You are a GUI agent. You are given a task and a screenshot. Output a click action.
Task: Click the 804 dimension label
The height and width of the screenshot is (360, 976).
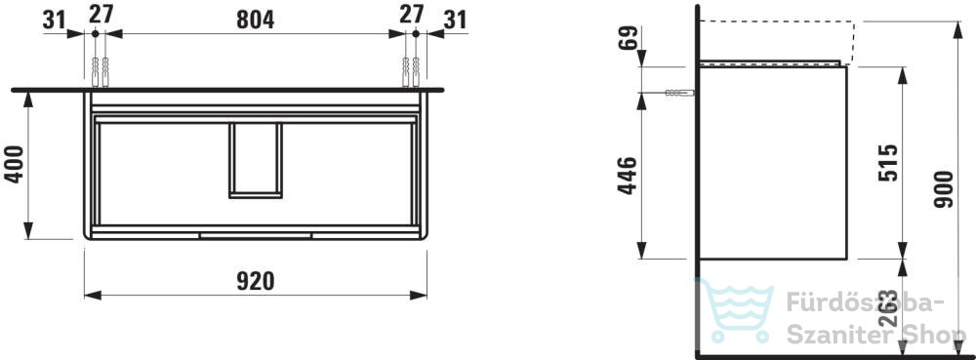[255, 20]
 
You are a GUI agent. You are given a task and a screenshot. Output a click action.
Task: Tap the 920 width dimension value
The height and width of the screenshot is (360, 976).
[255, 282]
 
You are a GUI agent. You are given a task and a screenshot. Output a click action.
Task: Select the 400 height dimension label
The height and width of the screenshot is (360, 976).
[14, 164]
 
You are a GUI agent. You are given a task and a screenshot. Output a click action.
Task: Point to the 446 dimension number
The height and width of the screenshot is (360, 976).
[628, 176]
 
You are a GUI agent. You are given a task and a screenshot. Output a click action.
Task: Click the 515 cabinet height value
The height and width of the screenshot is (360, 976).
[888, 162]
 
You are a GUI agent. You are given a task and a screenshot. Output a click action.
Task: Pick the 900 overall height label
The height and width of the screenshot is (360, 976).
[944, 189]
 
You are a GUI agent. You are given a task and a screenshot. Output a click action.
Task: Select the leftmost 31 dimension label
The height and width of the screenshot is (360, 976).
[54, 20]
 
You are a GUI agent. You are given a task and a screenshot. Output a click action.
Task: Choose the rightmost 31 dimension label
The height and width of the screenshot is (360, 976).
[456, 20]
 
